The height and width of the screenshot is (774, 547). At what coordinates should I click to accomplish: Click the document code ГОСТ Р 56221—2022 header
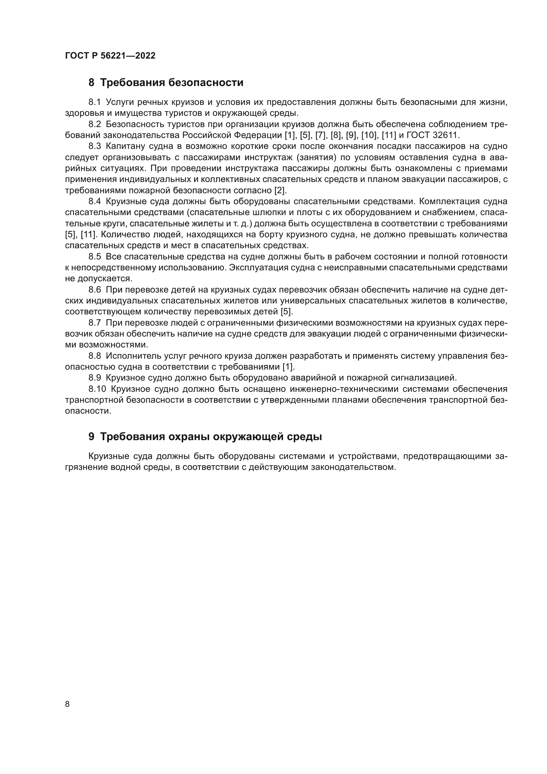point(110,56)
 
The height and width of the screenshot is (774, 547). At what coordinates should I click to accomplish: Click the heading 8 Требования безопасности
point(166,82)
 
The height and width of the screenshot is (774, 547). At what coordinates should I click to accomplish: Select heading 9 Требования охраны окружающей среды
point(205,436)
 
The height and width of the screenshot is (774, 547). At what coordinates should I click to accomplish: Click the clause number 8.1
point(95,102)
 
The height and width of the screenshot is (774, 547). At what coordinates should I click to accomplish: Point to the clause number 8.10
point(97,389)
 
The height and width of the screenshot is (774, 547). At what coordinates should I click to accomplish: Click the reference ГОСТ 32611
point(433,135)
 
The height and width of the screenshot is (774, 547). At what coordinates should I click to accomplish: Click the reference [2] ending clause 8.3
point(280,190)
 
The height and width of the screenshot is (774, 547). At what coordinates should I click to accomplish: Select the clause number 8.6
point(95,290)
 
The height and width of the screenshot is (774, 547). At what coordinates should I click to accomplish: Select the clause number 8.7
point(95,323)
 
